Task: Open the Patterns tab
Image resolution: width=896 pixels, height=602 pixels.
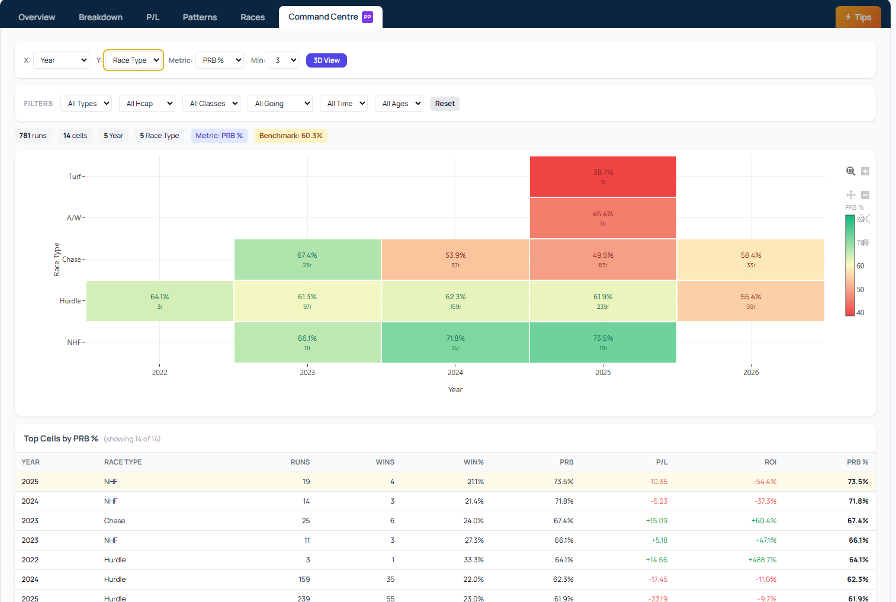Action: point(200,17)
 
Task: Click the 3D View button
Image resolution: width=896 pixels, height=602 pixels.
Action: point(326,60)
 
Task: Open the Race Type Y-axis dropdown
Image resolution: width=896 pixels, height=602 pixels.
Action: point(134,60)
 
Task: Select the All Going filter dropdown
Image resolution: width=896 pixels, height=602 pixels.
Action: point(280,104)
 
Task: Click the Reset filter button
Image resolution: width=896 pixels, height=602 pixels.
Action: point(445,104)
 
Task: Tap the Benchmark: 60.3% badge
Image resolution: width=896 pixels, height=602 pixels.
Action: point(291,136)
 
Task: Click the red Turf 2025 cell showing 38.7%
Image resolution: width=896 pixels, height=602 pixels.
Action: point(603,177)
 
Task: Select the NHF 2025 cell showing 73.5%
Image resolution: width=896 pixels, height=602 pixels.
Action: point(603,342)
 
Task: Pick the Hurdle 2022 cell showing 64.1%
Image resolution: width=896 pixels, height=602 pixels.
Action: point(159,301)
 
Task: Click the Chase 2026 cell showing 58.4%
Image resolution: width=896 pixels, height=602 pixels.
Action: point(750,260)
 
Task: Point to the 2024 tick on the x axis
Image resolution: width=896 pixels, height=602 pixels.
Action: point(455,373)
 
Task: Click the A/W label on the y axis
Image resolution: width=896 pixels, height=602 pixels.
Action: point(74,218)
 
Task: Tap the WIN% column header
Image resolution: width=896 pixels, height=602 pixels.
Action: point(473,462)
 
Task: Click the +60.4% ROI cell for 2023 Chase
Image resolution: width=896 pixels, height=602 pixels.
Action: point(764,521)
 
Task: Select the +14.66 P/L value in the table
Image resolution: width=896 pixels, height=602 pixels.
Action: point(656,560)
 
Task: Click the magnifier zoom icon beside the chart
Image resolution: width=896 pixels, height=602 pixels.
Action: point(850,171)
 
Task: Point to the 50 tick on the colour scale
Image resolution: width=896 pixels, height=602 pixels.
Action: point(860,290)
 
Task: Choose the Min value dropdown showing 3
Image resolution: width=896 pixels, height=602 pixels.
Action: point(283,60)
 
